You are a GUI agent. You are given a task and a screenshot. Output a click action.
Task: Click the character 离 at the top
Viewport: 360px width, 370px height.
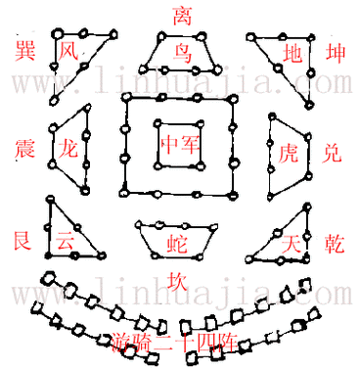point(181,15)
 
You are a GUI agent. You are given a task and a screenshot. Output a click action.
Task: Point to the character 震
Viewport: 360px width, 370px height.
point(25,149)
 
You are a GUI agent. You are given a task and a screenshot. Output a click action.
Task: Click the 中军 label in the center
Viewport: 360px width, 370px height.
point(181,146)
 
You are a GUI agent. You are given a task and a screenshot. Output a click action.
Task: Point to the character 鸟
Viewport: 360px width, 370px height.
point(182,51)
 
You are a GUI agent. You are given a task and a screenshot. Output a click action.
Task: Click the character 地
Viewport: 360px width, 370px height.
point(292,51)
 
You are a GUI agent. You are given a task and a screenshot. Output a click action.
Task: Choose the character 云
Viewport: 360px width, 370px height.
point(65,240)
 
